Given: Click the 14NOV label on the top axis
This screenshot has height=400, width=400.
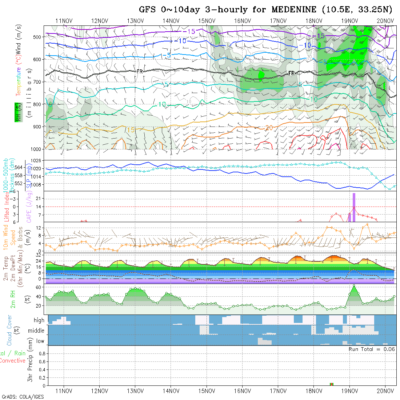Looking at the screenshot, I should pos(171,21).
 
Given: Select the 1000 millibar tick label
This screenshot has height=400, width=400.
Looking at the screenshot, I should pos(36,149).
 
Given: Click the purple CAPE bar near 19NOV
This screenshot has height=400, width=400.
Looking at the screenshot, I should pos(354,207).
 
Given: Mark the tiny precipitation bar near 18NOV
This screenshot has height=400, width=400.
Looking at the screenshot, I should pos(331,384).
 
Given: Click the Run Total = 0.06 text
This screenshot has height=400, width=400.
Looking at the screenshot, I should pos(372,349).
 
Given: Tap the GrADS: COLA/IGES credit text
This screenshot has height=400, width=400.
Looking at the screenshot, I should pos(23,397).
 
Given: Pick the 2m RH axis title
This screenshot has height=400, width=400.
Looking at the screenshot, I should pos(13,299).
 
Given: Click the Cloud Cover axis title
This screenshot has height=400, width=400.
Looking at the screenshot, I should pos(9,330).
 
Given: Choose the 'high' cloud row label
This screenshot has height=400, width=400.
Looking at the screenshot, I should pos(39,320).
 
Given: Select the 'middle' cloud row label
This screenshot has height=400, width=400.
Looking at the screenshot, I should pos(36,331).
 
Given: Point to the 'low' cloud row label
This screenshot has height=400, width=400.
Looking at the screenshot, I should pos(40,341).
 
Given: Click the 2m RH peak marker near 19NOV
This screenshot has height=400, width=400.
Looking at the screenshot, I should pos(354,285).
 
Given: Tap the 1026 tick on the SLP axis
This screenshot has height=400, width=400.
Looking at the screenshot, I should pos(37,160).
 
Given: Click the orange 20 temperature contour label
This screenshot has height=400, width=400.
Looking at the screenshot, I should pos(269,128).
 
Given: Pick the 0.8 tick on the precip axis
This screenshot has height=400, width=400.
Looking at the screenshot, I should pos(41,353).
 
